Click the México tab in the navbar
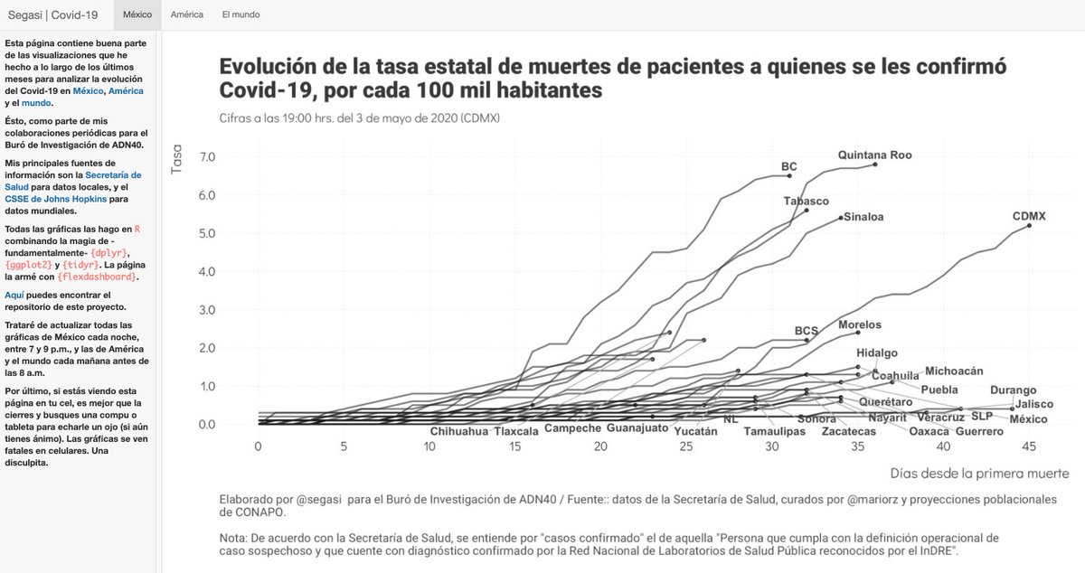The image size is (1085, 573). pos(137,14)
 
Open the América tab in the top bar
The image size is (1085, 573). pos(187,14)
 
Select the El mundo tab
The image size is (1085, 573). pos(241,14)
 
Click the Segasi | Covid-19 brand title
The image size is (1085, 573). pos(53,14)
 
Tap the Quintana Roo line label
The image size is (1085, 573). pos(874,155)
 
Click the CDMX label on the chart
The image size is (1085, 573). pos(1029,216)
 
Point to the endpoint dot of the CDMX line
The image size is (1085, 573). pos(1029,225)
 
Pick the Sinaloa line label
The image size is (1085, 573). pos(863,217)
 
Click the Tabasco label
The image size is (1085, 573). pos(807,202)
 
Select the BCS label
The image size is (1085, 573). pos(806,331)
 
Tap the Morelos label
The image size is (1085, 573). pos(859,324)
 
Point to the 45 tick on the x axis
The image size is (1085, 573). pos(1029,446)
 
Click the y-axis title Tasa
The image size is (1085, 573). pos(177,161)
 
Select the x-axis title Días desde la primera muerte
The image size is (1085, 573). pos(979,473)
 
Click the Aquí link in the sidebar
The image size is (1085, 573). pos(13,295)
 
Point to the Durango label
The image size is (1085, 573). pos(1013,390)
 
